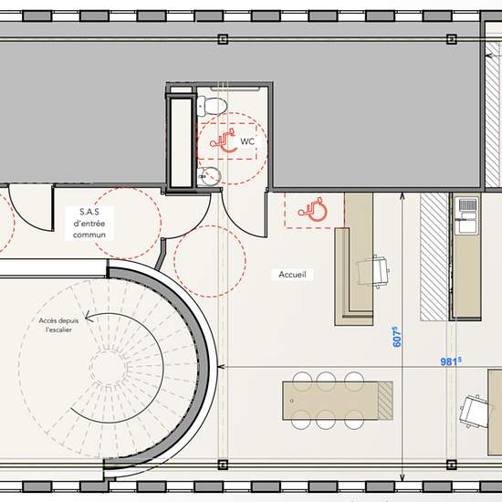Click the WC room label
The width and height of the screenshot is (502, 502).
247,141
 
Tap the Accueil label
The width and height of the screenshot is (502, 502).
292,275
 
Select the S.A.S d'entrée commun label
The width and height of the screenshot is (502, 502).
89,223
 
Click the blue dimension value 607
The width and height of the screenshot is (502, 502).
396,337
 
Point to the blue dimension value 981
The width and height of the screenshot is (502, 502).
451,361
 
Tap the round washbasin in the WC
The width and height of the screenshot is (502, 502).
210,176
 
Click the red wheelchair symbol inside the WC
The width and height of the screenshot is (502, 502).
224,141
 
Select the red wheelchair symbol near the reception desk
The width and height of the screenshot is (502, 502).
312,210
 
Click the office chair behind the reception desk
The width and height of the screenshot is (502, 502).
373,271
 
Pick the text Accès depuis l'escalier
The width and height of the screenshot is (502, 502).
58,325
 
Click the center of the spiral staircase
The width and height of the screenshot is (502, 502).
109,367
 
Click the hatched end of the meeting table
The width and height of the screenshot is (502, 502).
385,401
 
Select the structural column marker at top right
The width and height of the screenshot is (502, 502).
451,39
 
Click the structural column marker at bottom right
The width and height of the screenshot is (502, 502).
451,465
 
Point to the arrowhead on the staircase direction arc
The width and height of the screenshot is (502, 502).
88,318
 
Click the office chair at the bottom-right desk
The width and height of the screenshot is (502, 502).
474,411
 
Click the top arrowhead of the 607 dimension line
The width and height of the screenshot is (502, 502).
403,195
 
